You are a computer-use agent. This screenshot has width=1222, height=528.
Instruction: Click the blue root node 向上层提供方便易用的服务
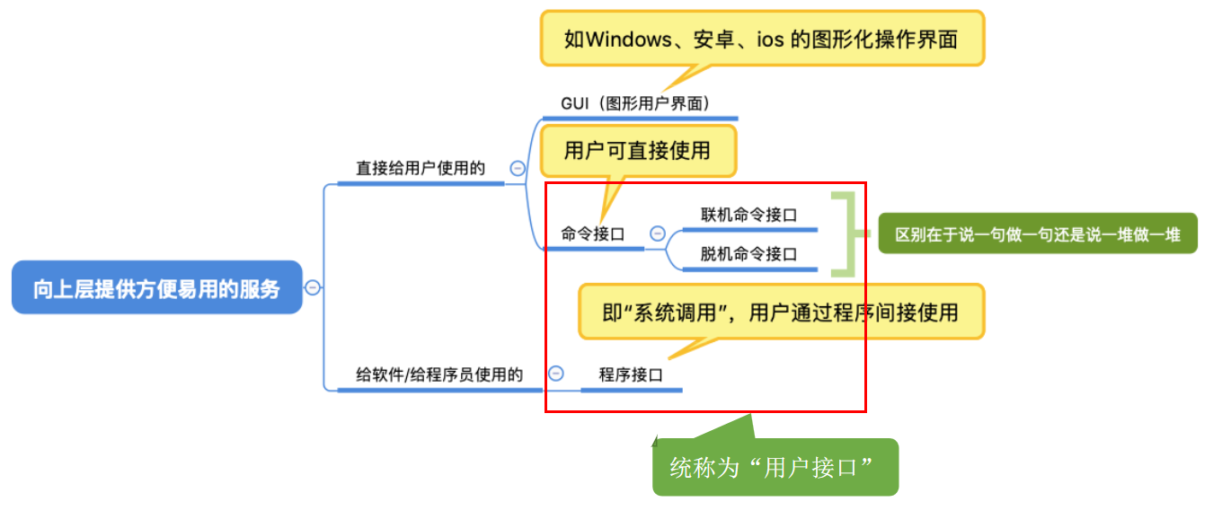pyautogui.click(x=156, y=288)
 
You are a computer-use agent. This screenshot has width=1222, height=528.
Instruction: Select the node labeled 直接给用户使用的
pyautogui.click(x=421, y=168)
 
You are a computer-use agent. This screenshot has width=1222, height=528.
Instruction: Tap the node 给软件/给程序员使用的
pyautogui.click(x=439, y=374)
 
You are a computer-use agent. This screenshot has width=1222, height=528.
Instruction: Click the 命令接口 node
pyautogui.click(x=593, y=234)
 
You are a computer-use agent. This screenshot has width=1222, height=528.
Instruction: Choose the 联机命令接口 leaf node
pyautogui.click(x=748, y=215)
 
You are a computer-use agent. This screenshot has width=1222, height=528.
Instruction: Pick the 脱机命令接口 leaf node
pyautogui.click(x=748, y=254)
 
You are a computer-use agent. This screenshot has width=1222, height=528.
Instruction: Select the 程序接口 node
pyautogui.click(x=631, y=374)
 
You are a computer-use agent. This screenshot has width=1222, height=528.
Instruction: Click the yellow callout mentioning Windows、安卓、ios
pyautogui.click(x=762, y=40)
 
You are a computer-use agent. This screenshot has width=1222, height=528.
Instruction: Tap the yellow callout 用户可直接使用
pyautogui.click(x=637, y=150)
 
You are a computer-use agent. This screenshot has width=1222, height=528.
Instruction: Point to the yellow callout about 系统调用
pyautogui.click(x=780, y=312)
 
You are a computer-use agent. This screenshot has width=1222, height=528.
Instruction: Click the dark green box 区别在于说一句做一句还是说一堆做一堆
pyautogui.click(x=1038, y=234)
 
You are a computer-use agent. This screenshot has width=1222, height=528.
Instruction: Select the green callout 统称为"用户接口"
pyautogui.click(x=775, y=467)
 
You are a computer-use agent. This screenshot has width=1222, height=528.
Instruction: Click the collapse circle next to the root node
pyautogui.click(x=313, y=287)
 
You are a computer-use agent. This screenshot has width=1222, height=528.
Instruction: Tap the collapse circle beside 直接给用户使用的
pyautogui.click(x=518, y=168)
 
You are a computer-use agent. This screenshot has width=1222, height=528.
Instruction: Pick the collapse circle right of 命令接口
pyautogui.click(x=657, y=233)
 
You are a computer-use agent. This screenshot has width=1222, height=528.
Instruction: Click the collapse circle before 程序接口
pyautogui.click(x=556, y=374)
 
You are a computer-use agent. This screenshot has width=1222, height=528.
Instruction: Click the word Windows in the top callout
pyautogui.click(x=627, y=40)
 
